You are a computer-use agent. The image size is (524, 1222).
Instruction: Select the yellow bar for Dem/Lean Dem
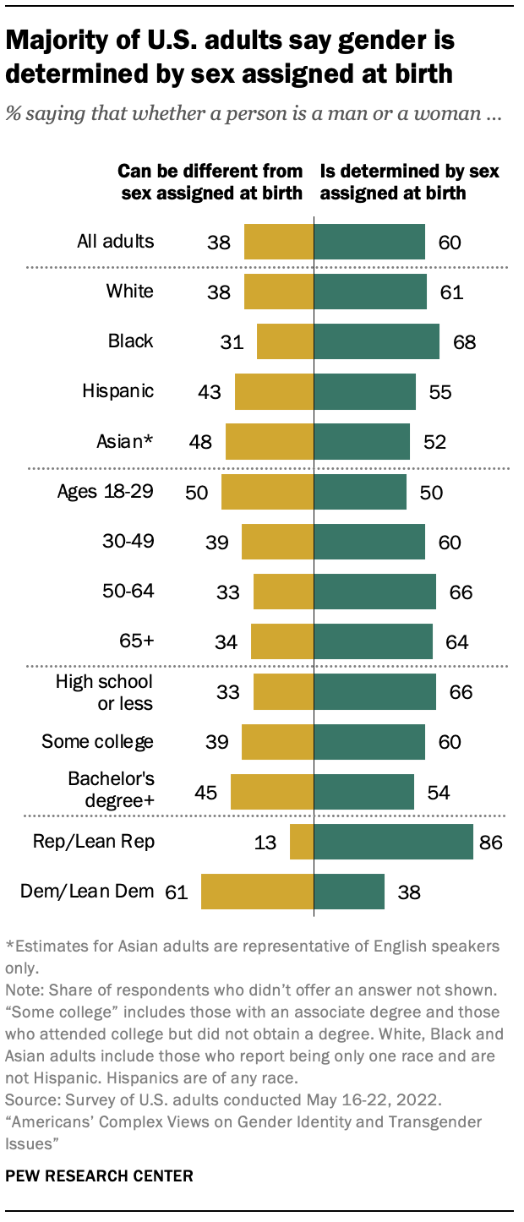257,892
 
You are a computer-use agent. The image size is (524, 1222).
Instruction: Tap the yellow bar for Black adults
285,341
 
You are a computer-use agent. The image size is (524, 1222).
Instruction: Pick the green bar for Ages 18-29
360,492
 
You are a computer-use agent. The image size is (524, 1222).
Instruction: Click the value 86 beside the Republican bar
491,842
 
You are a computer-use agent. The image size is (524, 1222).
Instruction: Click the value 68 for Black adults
464,341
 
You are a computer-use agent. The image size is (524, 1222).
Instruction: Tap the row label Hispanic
117,391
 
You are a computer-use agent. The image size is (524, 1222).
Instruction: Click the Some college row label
98,741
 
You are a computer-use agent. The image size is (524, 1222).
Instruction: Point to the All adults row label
115,242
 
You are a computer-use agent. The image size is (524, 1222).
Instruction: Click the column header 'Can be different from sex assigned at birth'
210,182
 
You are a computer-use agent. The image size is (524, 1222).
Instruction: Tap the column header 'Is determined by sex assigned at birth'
409,182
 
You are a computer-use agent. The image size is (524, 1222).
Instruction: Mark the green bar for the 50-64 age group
374,592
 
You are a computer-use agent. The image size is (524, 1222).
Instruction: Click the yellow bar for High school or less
283,691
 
